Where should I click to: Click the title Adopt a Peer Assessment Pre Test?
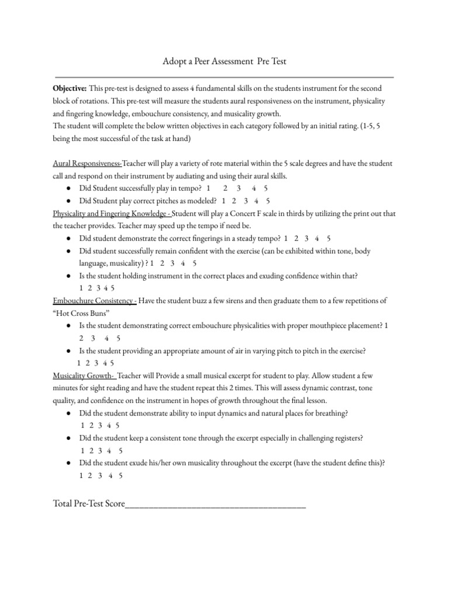(224, 61)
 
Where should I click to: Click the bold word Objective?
(69, 88)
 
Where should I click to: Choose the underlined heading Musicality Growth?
(84, 376)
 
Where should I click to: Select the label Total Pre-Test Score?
(88, 502)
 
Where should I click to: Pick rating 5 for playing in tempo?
(266, 188)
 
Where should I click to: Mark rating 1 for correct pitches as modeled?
(223, 200)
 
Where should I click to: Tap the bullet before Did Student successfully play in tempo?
(69, 188)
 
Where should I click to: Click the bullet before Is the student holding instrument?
(69, 276)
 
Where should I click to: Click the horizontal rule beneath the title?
(224, 77)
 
